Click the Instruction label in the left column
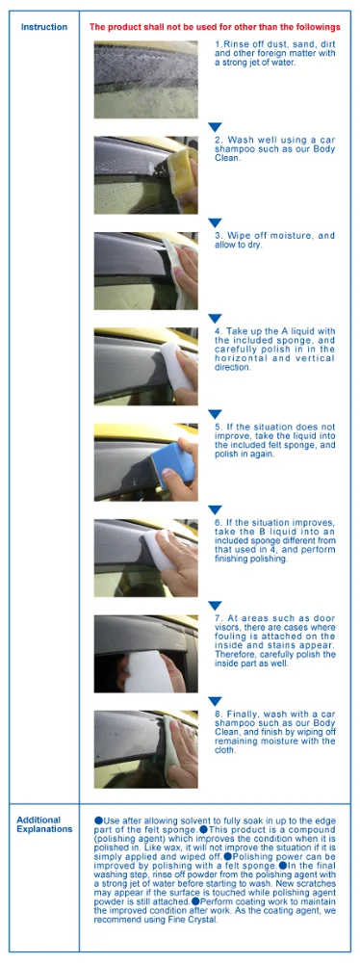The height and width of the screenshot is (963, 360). (x=44, y=27)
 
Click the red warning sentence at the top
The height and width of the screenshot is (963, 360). (x=215, y=27)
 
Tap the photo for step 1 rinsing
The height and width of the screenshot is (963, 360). (x=145, y=79)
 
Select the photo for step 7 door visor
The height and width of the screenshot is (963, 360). (x=145, y=654)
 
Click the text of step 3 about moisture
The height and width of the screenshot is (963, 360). (x=273, y=241)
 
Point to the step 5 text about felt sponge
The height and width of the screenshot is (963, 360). (x=273, y=439)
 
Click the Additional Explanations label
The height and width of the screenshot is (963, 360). (x=44, y=824)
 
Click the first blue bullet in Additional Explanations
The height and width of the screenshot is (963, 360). (x=98, y=820)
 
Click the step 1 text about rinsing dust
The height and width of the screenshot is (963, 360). (x=273, y=55)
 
